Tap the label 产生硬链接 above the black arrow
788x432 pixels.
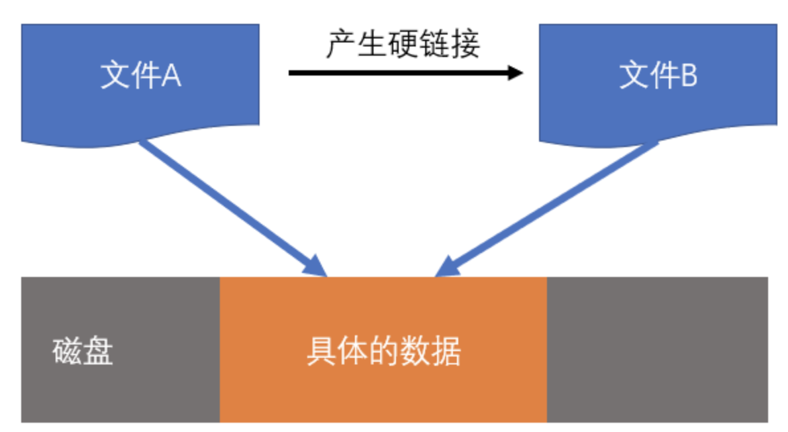[403, 44]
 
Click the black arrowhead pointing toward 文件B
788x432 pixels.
[514, 72]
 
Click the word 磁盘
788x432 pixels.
[83, 351]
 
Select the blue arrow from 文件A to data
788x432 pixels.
[232, 205]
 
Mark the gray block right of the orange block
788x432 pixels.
[657, 349]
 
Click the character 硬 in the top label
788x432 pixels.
[403, 44]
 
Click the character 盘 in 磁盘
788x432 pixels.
[99, 351]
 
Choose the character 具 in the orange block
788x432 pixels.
[320, 351]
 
